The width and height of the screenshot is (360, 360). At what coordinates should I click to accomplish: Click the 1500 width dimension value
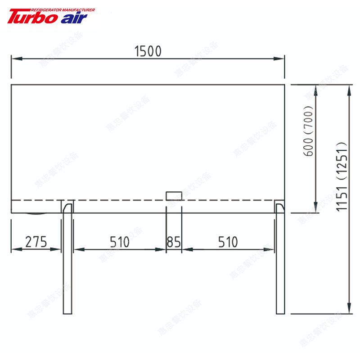coord(148,51)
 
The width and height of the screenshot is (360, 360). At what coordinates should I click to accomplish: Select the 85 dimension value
coord(174,242)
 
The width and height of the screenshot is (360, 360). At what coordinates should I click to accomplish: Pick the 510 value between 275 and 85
coord(119,242)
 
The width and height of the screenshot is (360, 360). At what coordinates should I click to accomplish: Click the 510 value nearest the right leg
coord(228,242)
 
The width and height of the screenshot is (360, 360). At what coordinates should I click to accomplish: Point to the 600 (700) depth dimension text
coord(308,131)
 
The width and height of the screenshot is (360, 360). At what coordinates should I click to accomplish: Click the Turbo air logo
coord(47,17)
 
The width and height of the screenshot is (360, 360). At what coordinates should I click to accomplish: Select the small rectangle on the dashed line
coord(174,196)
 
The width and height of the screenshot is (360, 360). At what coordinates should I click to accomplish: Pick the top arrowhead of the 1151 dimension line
coord(350,88)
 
